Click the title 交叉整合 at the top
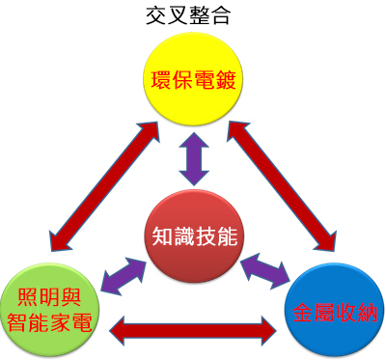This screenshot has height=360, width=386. (x=188, y=16)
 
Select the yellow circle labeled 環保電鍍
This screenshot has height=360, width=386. (x=193, y=79)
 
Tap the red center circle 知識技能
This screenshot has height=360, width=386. (x=194, y=236)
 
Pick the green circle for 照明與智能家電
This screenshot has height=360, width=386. (x=50, y=310)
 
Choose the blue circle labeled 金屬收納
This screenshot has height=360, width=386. (x=335, y=310)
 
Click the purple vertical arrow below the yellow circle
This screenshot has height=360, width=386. (x=194, y=158)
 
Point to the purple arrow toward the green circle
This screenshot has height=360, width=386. (x=124, y=275)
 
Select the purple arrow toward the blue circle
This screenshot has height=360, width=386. (x=264, y=270)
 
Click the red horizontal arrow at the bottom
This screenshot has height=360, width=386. (x=193, y=331)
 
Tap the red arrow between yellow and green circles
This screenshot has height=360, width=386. (x=104, y=186)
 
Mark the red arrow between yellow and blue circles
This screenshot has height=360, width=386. (x=282, y=186)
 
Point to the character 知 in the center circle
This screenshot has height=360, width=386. (x=162, y=236)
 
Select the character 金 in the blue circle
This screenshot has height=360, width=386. (x=303, y=312)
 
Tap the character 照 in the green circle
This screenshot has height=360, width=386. (x=28, y=297)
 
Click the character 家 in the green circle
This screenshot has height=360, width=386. (x=60, y=322)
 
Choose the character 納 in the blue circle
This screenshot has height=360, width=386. (x=367, y=312)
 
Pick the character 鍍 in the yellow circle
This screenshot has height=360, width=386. (x=226, y=80)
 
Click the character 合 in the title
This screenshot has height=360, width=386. (x=220, y=16)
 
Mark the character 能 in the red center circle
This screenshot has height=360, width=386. (x=227, y=236)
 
